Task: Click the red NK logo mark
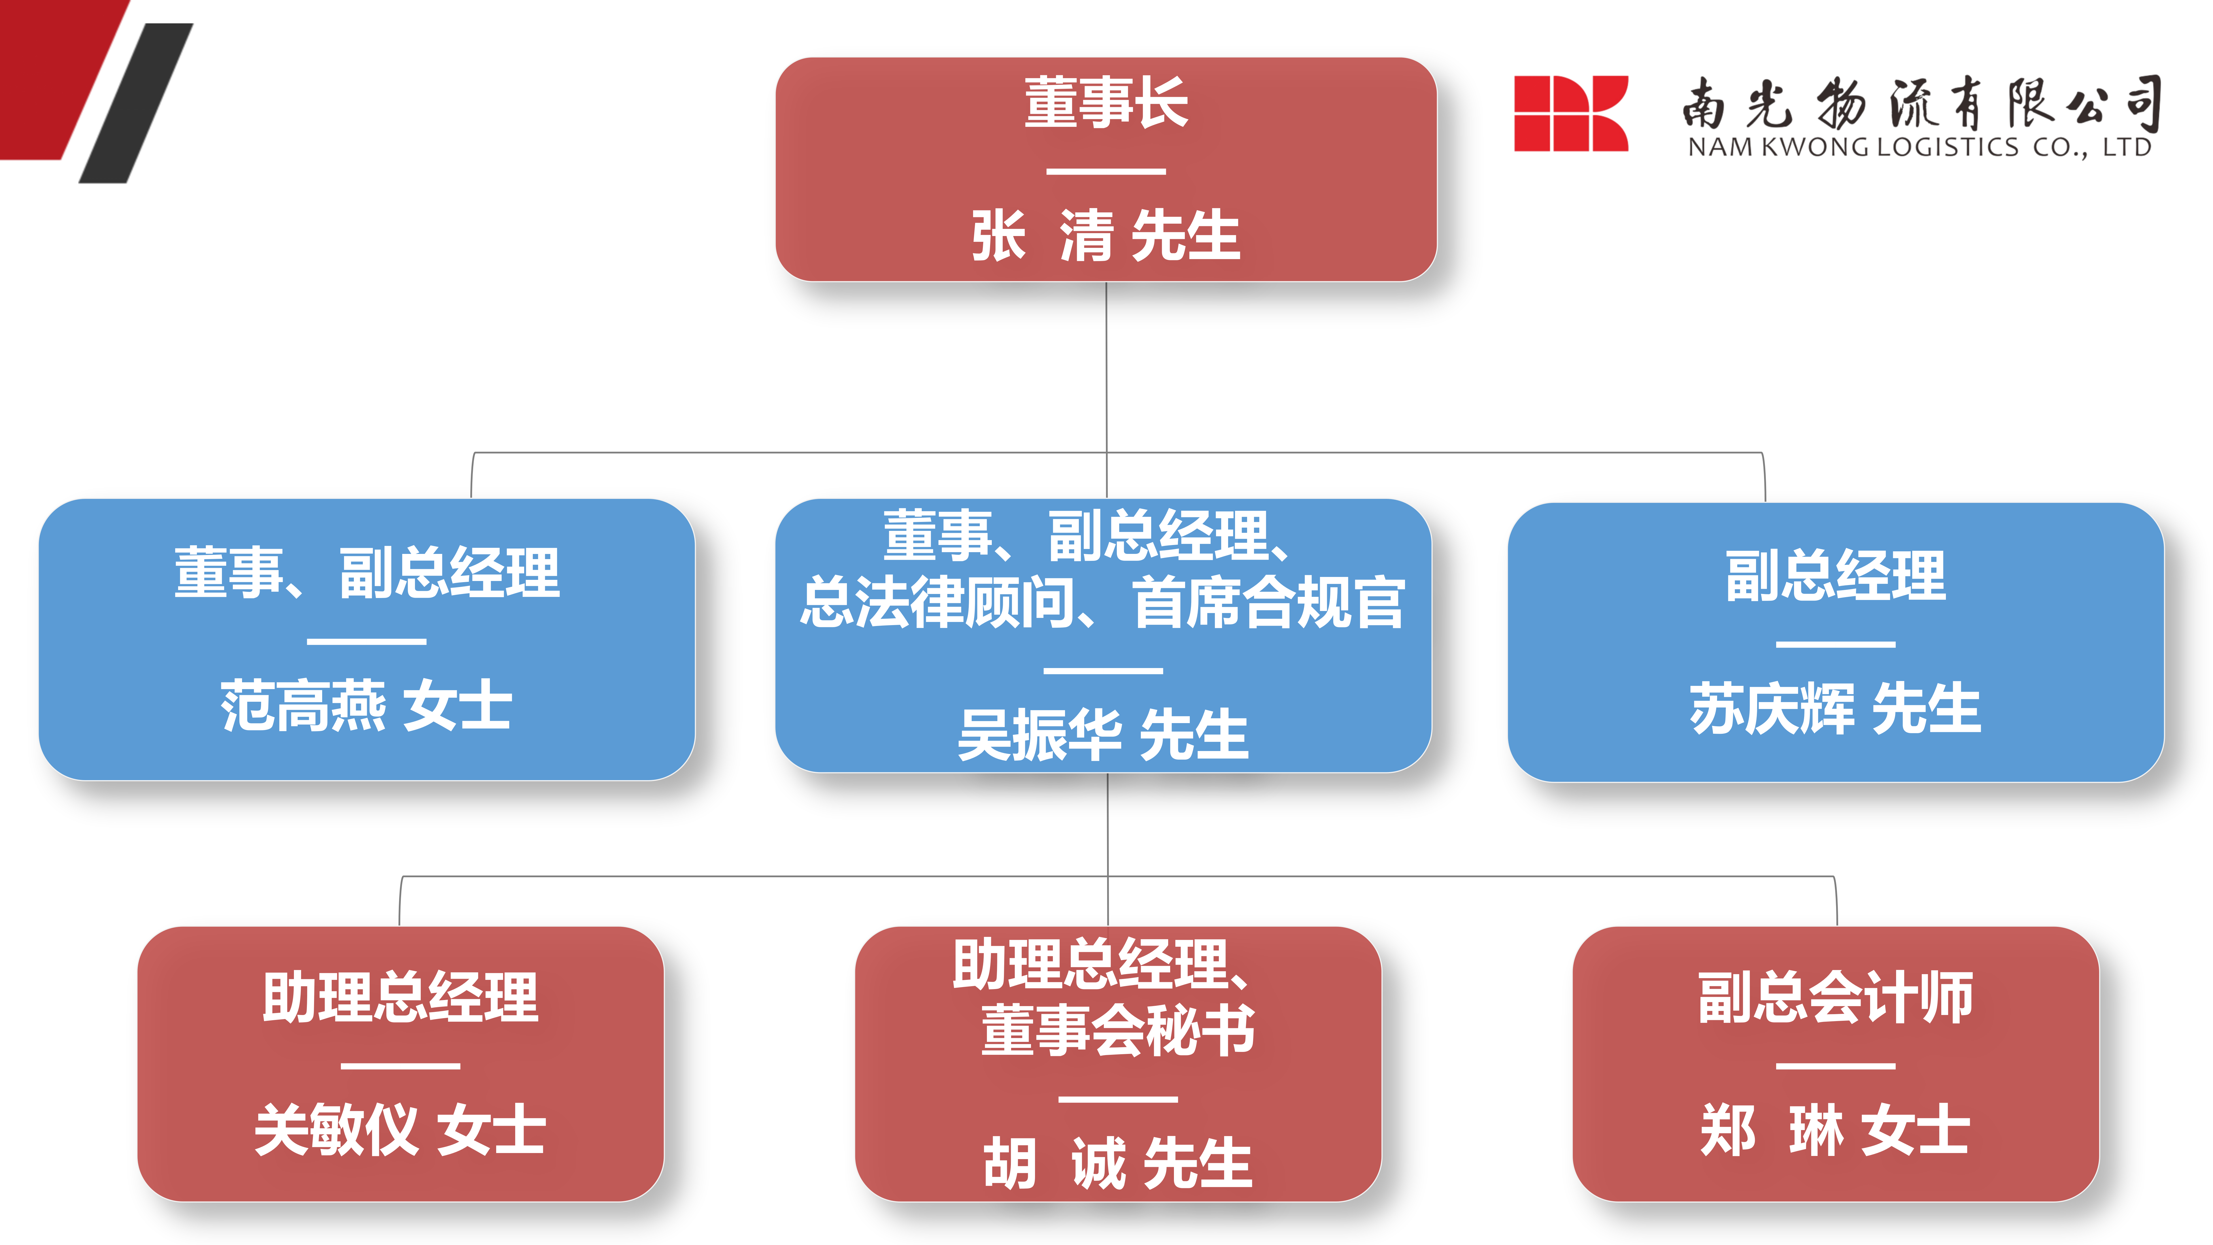click(1570, 114)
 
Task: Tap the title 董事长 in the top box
click(1106, 103)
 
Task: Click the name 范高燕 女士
click(367, 705)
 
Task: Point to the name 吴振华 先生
click(1104, 735)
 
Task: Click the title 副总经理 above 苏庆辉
click(1836, 576)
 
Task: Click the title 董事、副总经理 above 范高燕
click(367, 573)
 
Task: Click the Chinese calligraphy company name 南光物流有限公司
click(1922, 103)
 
